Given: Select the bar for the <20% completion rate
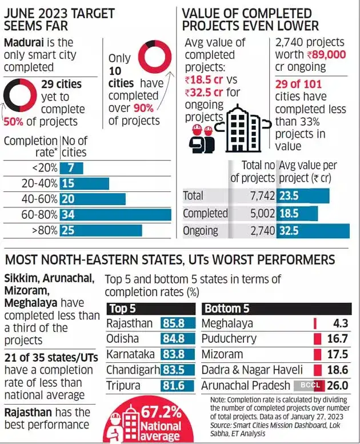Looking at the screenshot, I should coord(71,168).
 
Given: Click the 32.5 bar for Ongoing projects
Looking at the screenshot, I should coord(312,231).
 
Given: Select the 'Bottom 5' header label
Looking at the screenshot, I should coord(227,308).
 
